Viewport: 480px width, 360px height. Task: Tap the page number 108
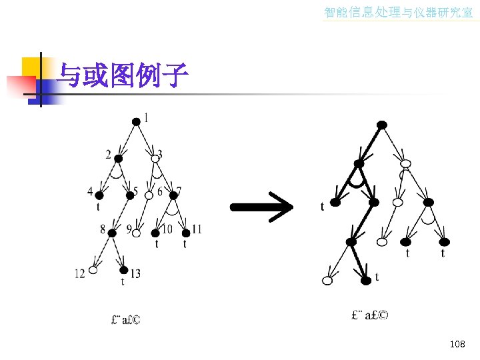[457, 344]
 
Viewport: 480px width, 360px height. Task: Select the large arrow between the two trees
[262, 206]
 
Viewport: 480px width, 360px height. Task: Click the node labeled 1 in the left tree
[136, 121]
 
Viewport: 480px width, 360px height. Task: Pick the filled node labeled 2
[119, 159]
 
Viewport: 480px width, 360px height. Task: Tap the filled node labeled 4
[99, 196]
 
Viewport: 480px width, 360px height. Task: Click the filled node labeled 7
[175, 195]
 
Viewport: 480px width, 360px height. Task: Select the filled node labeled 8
[112, 232]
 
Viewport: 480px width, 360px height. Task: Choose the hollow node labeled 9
[136, 233]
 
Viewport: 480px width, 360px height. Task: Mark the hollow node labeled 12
[93, 271]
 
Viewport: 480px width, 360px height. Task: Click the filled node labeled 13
[124, 270]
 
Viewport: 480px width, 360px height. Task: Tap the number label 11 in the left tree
[197, 229]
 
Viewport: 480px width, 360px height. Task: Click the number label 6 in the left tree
[160, 192]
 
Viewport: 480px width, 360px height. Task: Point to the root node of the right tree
[381, 125]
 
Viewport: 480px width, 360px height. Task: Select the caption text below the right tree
[369, 315]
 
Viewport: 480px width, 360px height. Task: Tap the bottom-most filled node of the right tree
[365, 281]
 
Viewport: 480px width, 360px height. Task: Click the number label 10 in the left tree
[167, 229]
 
